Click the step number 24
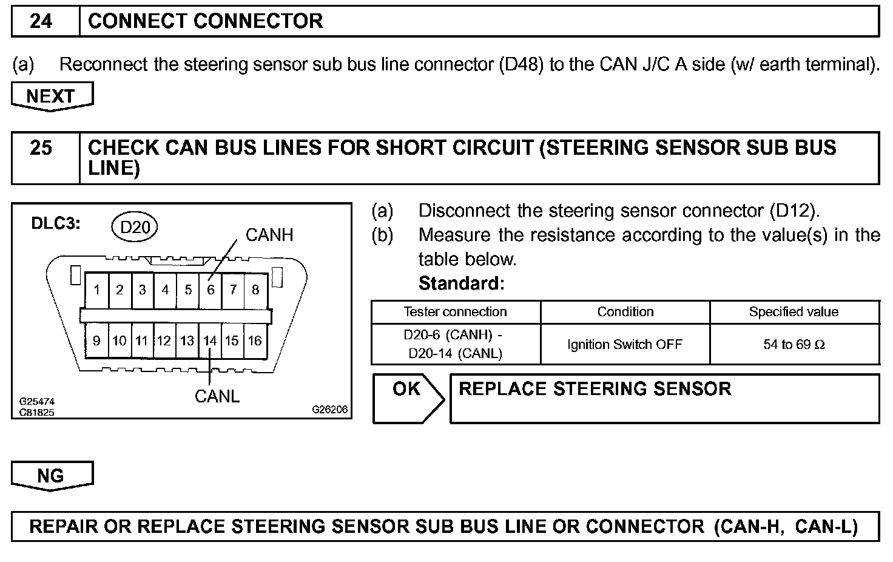pyautogui.click(x=41, y=22)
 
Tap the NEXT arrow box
pyautogui.click(x=51, y=96)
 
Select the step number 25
pyautogui.click(x=41, y=149)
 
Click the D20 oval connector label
pyautogui.click(x=135, y=227)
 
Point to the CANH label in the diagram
pyautogui.click(x=269, y=235)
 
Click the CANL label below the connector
pyautogui.click(x=217, y=396)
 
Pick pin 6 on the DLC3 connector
pyautogui.click(x=211, y=290)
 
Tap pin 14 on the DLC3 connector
pyautogui.click(x=210, y=341)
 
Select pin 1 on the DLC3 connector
pyautogui.click(x=96, y=290)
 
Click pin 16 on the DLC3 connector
pyautogui.click(x=255, y=341)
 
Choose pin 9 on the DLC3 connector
pyautogui.click(x=96, y=341)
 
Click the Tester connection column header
pyautogui.click(x=455, y=312)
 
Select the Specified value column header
pyautogui.click(x=794, y=312)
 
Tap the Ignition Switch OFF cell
pyautogui.click(x=625, y=345)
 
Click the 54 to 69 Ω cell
pyautogui.click(x=794, y=345)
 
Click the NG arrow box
pyautogui.click(x=51, y=476)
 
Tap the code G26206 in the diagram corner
pyautogui.click(x=330, y=410)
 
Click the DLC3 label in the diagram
pyautogui.click(x=56, y=224)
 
